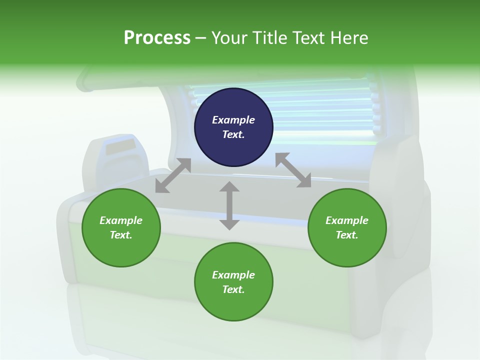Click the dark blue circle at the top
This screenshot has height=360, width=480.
click(x=233, y=127)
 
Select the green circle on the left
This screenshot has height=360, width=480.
click(x=121, y=227)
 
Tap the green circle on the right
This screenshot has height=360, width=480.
click(x=347, y=227)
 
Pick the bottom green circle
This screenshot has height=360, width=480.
click(x=233, y=282)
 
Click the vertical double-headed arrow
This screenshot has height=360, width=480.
click(x=229, y=206)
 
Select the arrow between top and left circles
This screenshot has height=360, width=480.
click(x=173, y=175)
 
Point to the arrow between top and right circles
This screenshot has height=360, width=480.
click(x=293, y=170)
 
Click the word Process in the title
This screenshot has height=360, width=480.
click(x=157, y=38)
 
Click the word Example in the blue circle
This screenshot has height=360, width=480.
click(x=233, y=120)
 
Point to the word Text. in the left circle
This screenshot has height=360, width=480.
click(x=121, y=235)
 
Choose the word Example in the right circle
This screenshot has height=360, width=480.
click(x=347, y=220)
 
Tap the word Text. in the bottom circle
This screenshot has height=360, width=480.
click(x=233, y=289)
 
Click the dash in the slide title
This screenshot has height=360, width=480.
click(x=200, y=38)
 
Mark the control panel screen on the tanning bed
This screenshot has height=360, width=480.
click(x=120, y=147)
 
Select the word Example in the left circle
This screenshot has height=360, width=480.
click(x=121, y=220)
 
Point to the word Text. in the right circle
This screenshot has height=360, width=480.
click(x=347, y=235)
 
